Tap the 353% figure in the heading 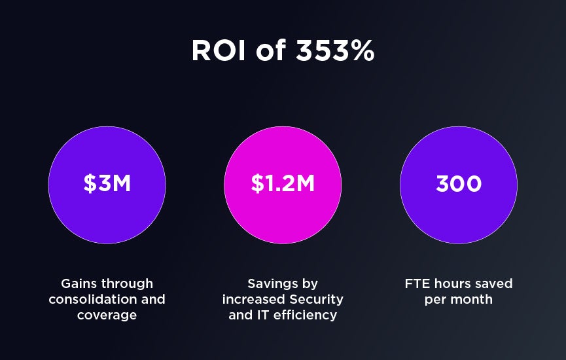point(334,50)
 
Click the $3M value point(107,184)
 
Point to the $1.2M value point(283,184)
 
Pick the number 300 point(458,184)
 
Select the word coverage point(107,315)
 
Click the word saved point(494,284)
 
